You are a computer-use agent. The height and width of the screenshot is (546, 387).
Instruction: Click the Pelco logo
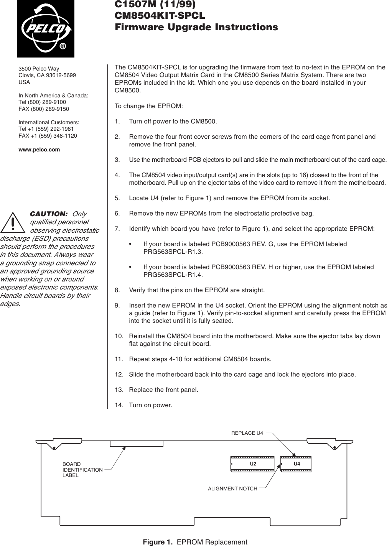(45, 28)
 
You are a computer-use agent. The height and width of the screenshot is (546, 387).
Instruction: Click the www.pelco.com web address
(39, 150)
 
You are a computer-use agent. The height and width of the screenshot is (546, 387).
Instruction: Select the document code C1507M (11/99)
(155, 5)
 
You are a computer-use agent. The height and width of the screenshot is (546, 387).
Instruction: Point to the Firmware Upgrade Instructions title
(196, 28)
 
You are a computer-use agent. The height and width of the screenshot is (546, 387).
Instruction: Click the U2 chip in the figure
(252, 464)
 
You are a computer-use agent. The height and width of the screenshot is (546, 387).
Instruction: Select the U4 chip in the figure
(296, 464)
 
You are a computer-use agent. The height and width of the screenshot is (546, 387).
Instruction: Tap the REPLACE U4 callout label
(247, 433)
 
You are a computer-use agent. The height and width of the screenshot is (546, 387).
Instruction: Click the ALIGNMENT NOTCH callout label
(232, 488)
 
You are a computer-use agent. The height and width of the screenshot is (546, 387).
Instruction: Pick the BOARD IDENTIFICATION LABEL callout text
(82, 470)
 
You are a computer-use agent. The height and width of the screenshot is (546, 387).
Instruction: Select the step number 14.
(118, 405)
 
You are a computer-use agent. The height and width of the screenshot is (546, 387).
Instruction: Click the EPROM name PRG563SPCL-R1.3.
(173, 252)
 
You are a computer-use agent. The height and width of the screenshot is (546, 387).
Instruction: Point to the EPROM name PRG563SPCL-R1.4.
(173, 275)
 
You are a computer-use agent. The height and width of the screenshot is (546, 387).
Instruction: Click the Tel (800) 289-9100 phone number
(42, 102)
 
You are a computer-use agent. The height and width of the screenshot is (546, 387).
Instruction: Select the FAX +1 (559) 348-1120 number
(48, 136)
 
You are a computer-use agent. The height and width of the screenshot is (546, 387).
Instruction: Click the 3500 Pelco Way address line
(39, 69)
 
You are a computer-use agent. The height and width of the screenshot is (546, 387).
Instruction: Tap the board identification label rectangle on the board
(137, 444)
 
